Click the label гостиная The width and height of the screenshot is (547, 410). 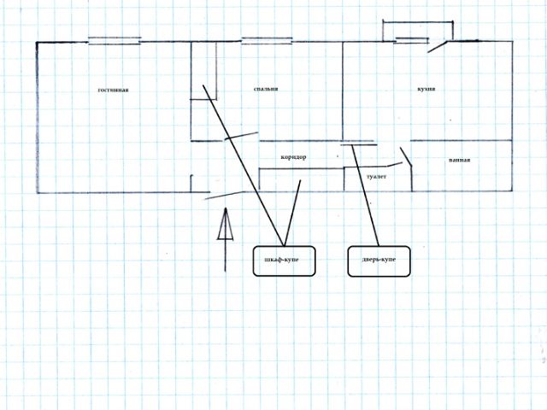coord(113,90)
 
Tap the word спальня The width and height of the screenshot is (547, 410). coord(266,89)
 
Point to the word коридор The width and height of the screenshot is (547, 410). coord(293,157)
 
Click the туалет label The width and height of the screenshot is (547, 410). coord(376,176)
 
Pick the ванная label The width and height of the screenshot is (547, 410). coord(459,160)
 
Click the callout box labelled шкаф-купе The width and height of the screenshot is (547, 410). coord(285,261)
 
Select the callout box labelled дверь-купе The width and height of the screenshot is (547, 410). coord(379,261)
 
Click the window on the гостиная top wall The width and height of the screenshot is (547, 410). coord(115,39)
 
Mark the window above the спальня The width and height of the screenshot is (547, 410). coord(268,39)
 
